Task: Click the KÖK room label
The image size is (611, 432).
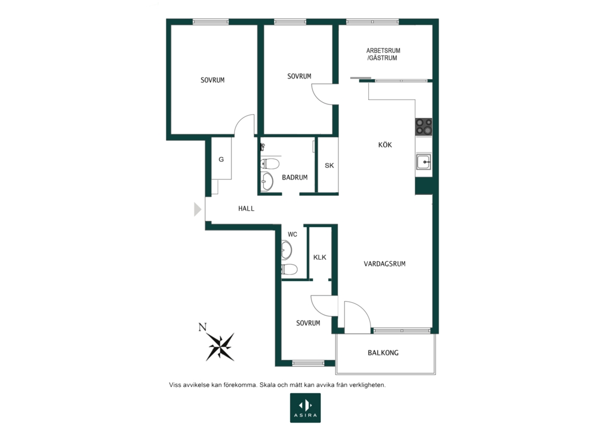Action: (x=385, y=145)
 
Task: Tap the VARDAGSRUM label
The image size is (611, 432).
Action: (x=385, y=264)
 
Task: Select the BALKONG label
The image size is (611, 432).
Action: (x=383, y=353)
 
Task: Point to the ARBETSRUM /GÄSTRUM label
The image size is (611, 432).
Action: (x=383, y=54)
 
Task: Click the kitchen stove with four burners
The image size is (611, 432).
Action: (x=423, y=127)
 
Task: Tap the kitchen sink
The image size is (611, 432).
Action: (x=423, y=162)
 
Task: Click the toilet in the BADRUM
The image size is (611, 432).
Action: (x=270, y=163)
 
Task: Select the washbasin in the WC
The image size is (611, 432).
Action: (x=286, y=250)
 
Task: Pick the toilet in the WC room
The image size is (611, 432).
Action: (x=290, y=269)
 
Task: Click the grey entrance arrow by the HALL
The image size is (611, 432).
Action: (x=198, y=209)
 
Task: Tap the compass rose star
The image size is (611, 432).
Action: (x=221, y=347)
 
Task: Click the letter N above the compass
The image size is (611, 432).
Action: (x=203, y=327)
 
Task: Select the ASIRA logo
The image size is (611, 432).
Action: (x=305, y=408)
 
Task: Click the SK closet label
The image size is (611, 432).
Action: (x=329, y=166)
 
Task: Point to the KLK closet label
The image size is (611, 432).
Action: (x=320, y=258)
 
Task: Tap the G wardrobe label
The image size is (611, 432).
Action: (x=221, y=160)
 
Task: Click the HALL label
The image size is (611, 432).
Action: (x=246, y=209)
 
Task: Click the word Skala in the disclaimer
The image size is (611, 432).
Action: (x=268, y=385)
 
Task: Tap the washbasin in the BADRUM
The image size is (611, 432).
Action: (x=268, y=181)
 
